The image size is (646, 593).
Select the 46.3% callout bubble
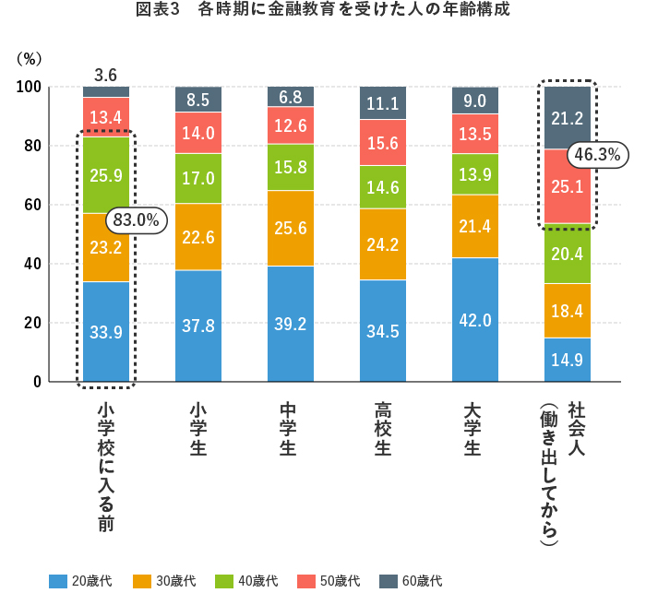click(x=595, y=155)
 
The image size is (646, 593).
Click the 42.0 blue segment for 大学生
click(x=474, y=319)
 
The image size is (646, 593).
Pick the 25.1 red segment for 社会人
click(x=567, y=187)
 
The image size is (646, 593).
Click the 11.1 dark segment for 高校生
click(x=382, y=103)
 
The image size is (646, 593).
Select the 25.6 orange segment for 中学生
click(x=290, y=228)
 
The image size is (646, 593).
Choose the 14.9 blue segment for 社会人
click(x=567, y=360)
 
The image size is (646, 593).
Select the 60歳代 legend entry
click(x=410, y=581)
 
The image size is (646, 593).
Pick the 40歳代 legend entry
click(x=245, y=581)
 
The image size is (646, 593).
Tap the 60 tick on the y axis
click(x=32, y=205)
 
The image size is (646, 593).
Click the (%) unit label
click(x=30, y=58)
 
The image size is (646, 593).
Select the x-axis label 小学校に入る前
click(x=105, y=466)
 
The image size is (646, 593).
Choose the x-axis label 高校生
click(x=382, y=429)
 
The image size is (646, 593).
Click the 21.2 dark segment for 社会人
click(x=567, y=117)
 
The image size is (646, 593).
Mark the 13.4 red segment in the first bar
click(x=105, y=116)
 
